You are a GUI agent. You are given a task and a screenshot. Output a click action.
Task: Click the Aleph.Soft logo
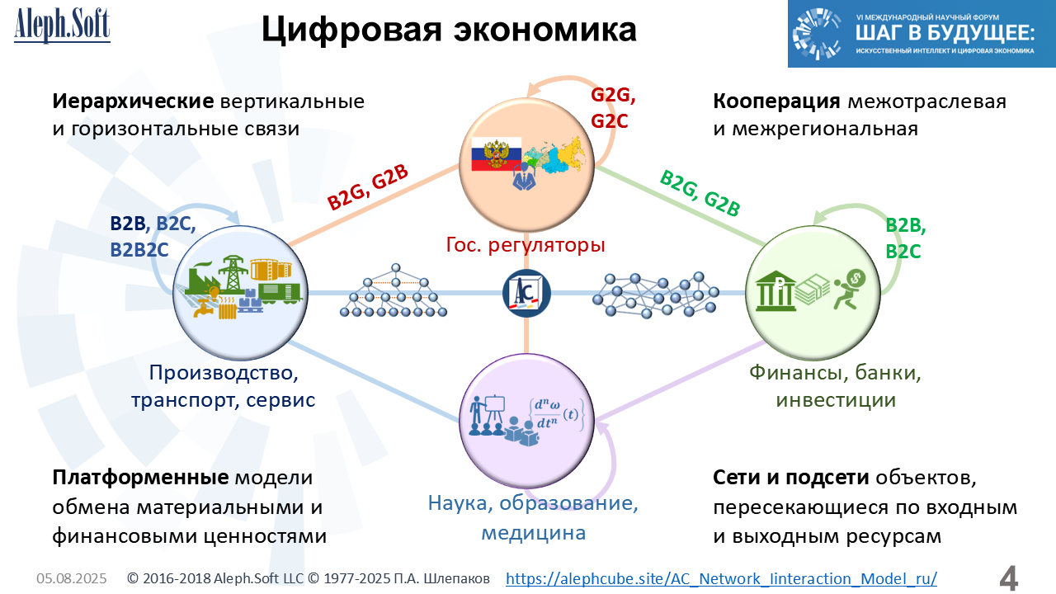62,26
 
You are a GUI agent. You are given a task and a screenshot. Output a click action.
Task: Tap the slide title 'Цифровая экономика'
449,29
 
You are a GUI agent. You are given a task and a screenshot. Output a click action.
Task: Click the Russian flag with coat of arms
497,154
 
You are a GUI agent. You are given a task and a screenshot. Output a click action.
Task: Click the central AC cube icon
526,293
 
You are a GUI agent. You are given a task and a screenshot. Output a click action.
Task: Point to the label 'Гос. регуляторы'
526,245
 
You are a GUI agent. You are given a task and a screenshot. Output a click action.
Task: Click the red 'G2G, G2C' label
612,108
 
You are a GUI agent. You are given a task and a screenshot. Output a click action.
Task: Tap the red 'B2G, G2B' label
367,187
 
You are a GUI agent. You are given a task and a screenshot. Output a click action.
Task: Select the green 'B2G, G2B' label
700,193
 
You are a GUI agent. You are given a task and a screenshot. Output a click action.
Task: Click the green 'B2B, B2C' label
905,238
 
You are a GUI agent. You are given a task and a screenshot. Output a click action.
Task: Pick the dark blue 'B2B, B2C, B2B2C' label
153,237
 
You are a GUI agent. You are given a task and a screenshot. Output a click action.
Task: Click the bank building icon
775,291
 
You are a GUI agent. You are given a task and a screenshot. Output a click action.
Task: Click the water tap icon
203,308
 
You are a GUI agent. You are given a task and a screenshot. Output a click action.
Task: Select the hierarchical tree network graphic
394,290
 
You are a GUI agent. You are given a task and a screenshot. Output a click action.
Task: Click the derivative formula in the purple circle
556,414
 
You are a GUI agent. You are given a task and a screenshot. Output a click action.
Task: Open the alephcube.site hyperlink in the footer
721,578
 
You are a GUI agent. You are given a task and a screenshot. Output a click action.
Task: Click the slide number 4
1008,577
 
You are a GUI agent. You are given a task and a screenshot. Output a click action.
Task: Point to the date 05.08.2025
72,578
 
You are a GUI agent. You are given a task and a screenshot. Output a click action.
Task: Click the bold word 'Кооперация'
776,101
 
